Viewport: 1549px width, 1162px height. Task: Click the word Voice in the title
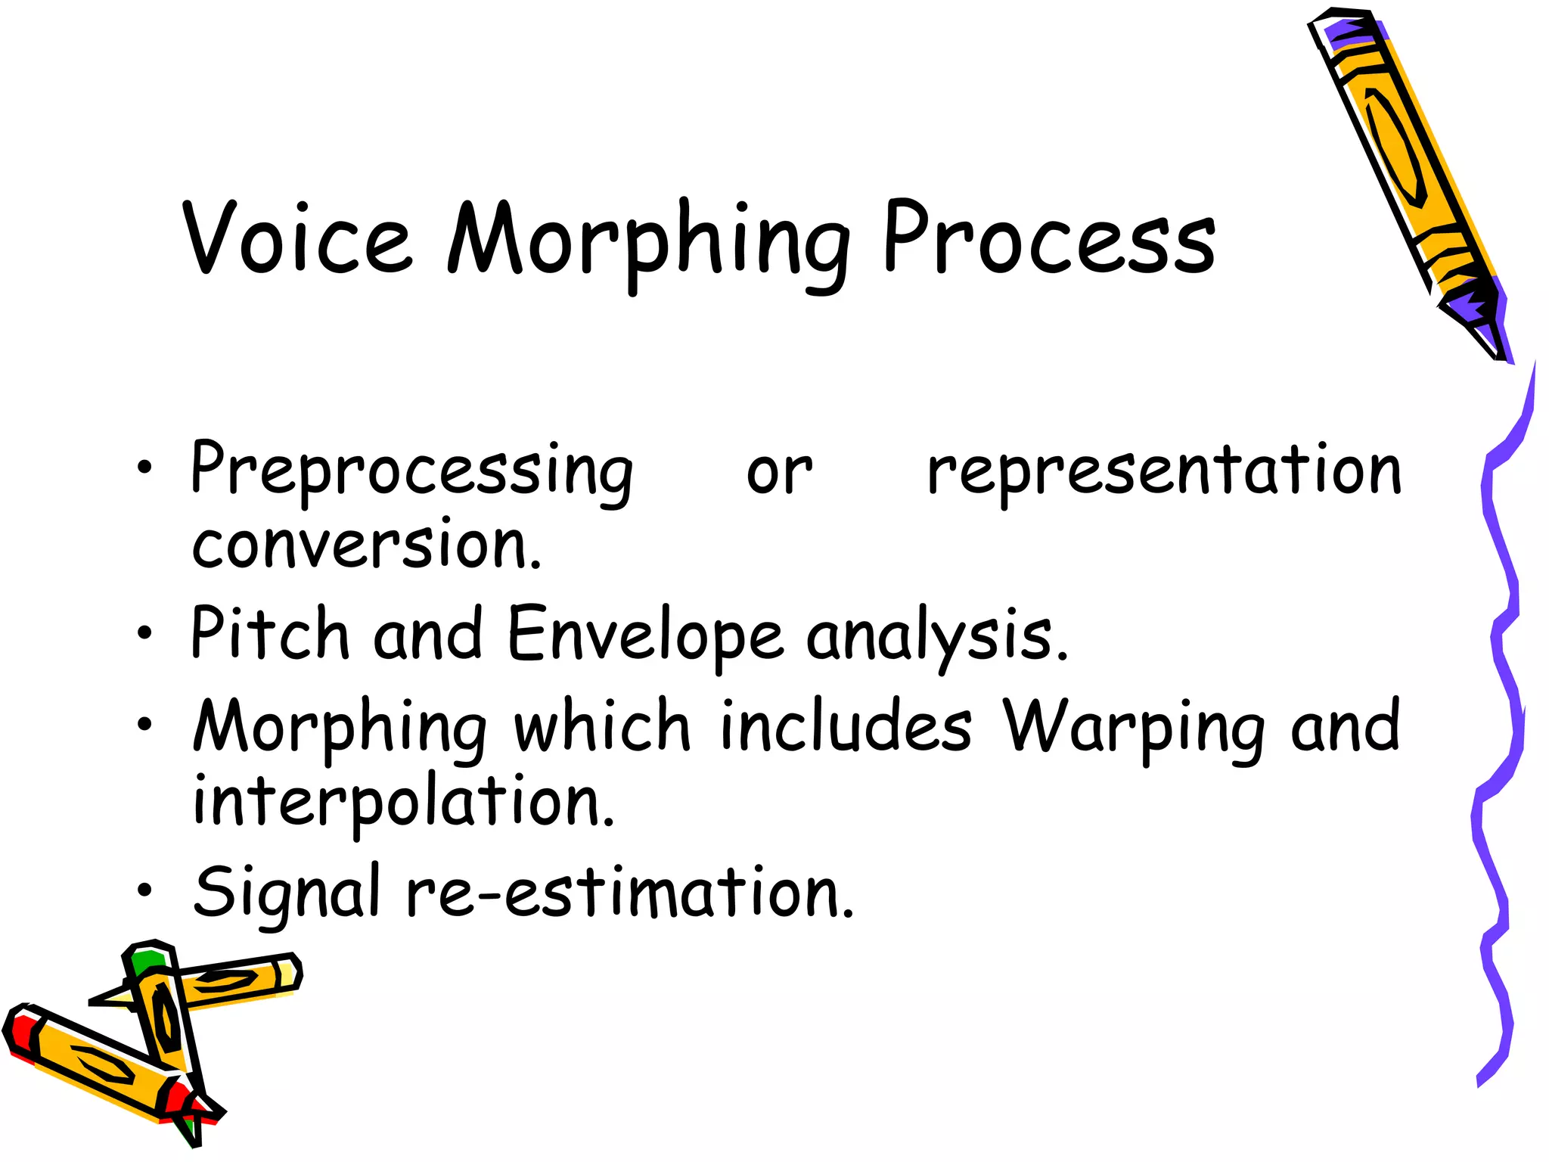click(x=297, y=239)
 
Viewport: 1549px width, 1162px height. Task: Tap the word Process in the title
click(x=1049, y=239)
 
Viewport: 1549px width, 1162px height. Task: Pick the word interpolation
click(x=403, y=803)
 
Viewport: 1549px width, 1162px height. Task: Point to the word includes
click(x=846, y=726)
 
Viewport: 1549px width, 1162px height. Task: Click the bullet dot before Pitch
click(x=144, y=633)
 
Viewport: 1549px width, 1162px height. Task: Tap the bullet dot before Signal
click(x=144, y=890)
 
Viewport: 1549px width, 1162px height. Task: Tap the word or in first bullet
click(x=779, y=474)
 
